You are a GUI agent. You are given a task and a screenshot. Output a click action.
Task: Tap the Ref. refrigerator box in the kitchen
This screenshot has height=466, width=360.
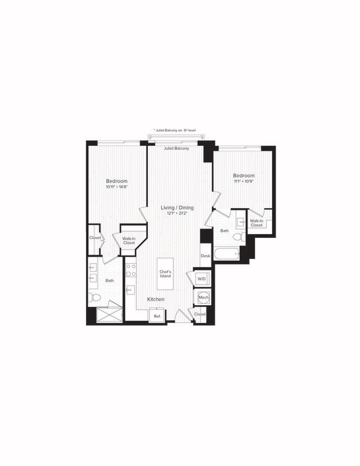[x=157, y=316]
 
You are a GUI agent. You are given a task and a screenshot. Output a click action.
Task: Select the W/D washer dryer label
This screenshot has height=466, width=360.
[x=202, y=279]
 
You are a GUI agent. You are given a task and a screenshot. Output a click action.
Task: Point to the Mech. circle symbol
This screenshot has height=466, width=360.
[x=203, y=298]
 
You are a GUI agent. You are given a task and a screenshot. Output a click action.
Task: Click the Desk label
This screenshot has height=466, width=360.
[x=205, y=256]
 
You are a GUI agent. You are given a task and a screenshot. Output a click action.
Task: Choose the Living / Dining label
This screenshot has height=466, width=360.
[x=176, y=208]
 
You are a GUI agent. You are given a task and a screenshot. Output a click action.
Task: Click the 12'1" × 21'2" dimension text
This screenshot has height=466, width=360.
[x=176, y=214]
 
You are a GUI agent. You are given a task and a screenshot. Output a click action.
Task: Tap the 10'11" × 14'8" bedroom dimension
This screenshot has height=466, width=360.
[x=117, y=187]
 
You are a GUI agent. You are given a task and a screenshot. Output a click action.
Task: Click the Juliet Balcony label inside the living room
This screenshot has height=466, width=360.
[x=177, y=149]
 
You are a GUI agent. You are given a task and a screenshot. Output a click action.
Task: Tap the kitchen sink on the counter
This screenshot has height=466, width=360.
[x=130, y=289]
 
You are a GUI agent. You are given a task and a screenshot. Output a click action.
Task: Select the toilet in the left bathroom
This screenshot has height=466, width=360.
[x=96, y=298]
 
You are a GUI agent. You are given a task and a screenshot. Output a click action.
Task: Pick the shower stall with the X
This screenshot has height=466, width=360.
[x=109, y=314]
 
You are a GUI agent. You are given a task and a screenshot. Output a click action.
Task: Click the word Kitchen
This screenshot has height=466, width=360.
[x=156, y=299]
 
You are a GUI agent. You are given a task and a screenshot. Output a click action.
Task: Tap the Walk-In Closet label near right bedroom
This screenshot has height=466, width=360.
[x=257, y=223]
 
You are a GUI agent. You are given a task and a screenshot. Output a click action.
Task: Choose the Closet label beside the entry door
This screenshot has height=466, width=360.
[x=200, y=314]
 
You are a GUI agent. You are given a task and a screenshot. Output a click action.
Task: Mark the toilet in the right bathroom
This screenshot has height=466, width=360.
[x=237, y=237]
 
